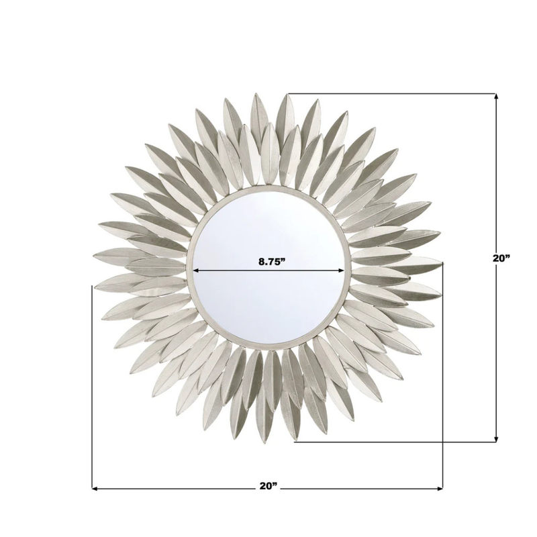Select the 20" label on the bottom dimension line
point(267,487)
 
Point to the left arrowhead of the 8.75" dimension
point(197,271)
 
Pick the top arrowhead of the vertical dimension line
point(496,97)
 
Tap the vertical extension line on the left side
point(91,389)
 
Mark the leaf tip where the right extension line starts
point(441,262)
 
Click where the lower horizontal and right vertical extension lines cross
point(443,442)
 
